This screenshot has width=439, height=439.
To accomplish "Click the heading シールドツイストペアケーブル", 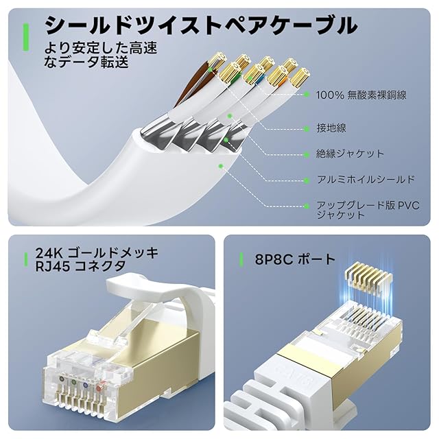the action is (x=201, y=25).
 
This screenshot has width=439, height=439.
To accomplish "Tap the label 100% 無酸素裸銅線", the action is (x=361, y=95).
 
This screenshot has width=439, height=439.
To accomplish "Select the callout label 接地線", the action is (x=331, y=128).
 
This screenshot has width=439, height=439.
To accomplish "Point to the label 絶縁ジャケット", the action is (x=350, y=154).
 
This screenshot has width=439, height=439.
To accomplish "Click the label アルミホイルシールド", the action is (x=366, y=180).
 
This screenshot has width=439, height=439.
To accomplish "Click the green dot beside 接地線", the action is (x=307, y=129).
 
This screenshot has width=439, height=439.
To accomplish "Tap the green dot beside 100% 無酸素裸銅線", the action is (x=307, y=95).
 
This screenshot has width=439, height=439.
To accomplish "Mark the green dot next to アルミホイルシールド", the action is (x=307, y=180).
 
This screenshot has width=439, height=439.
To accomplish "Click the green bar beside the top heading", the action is (x=26, y=37).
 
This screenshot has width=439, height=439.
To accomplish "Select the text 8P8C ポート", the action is (x=295, y=259).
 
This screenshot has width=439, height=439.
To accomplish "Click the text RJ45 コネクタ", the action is (x=80, y=266).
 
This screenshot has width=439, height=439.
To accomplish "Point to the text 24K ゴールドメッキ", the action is (x=97, y=253).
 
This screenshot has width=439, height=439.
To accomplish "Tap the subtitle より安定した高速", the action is (x=101, y=48).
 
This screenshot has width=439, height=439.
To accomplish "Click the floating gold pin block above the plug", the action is (x=368, y=276).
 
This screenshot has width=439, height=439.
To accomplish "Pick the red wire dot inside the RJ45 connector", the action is (x=99, y=388).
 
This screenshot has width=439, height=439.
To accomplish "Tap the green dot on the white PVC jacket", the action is (x=221, y=166).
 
